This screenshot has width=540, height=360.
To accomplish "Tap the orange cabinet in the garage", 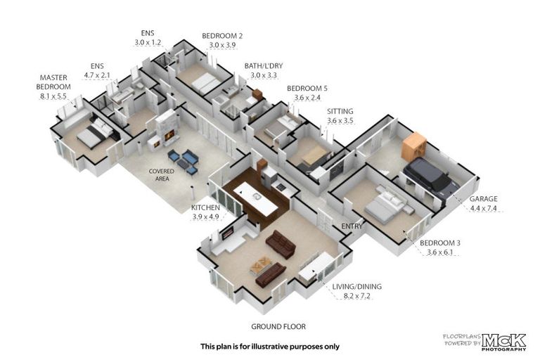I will [413, 145].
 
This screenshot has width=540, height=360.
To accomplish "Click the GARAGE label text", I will [484, 199].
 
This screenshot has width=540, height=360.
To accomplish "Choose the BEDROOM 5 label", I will [311, 89].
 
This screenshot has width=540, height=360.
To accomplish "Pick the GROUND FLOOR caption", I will [278, 327].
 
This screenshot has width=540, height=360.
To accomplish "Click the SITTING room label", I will [340, 112].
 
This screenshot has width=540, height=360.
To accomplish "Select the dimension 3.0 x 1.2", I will [148, 43].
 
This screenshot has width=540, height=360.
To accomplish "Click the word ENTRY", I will [352, 226].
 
